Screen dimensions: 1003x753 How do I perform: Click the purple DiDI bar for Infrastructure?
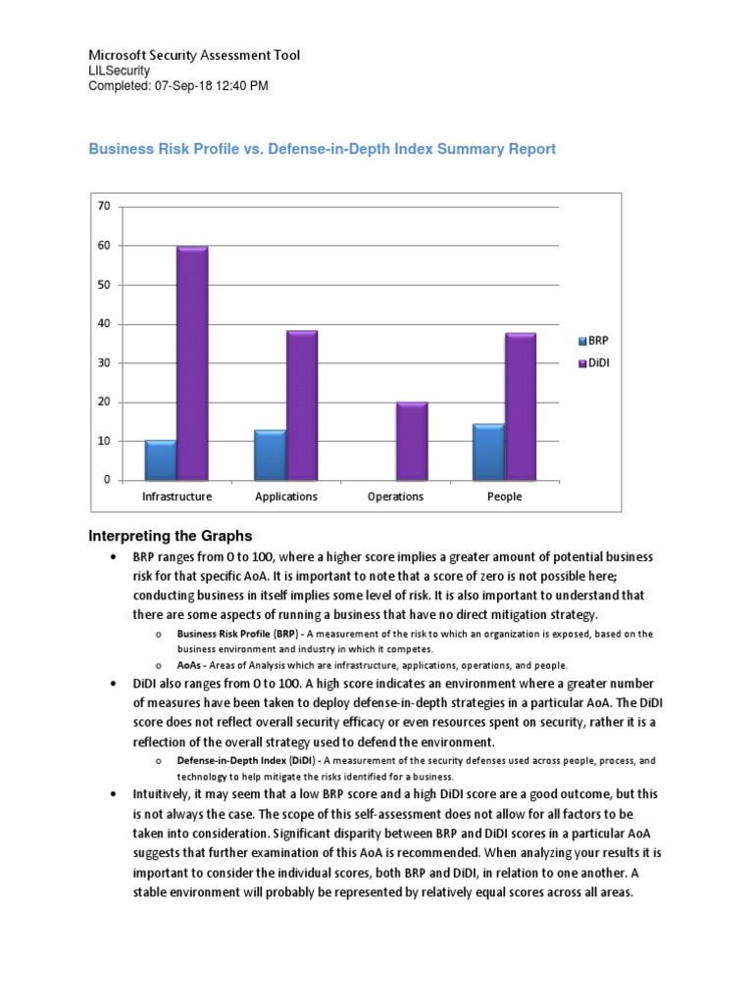coord(192,364)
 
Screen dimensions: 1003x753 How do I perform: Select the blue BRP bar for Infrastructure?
coord(161,461)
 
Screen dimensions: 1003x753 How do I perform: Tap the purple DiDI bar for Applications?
coord(301,406)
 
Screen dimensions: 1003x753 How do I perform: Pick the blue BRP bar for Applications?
coord(270,456)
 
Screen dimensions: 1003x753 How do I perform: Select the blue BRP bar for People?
coord(488,453)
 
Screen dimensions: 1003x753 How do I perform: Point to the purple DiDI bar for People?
coord(520,407)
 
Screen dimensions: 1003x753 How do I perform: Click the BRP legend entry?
coord(594,341)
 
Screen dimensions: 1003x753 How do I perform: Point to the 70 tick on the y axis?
coord(103,207)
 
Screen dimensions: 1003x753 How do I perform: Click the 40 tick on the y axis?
coord(103,324)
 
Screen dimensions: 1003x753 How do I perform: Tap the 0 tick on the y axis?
coord(106,481)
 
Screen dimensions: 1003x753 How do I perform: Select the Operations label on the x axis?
coord(395,497)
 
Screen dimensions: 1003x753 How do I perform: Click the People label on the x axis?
coord(505,497)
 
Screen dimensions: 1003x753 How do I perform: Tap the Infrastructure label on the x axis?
coord(176,497)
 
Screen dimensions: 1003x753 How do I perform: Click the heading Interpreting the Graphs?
coord(171,536)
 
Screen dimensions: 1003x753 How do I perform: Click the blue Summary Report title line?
coord(323,149)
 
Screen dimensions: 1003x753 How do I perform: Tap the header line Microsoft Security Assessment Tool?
coord(194,56)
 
